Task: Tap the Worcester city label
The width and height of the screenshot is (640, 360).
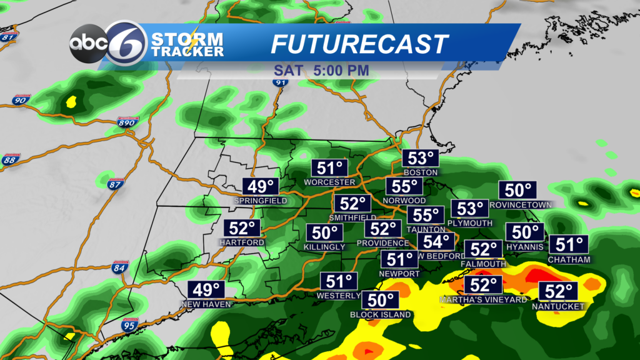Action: click(329, 182)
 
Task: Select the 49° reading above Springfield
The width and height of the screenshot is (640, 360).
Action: click(261, 187)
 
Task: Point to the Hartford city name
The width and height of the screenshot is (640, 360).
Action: click(238, 242)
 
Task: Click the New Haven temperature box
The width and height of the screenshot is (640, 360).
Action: click(207, 291)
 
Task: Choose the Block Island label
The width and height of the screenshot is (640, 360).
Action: click(381, 315)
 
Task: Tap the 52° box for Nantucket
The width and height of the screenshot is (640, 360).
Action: click(558, 291)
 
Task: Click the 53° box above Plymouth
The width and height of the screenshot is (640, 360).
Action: click(471, 209)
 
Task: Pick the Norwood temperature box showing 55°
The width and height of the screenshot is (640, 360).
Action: click(404, 186)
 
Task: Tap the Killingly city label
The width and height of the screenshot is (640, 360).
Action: click(325, 247)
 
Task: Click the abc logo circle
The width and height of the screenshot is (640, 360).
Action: click(86, 42)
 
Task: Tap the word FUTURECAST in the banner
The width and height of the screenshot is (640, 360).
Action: click(359, 44)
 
